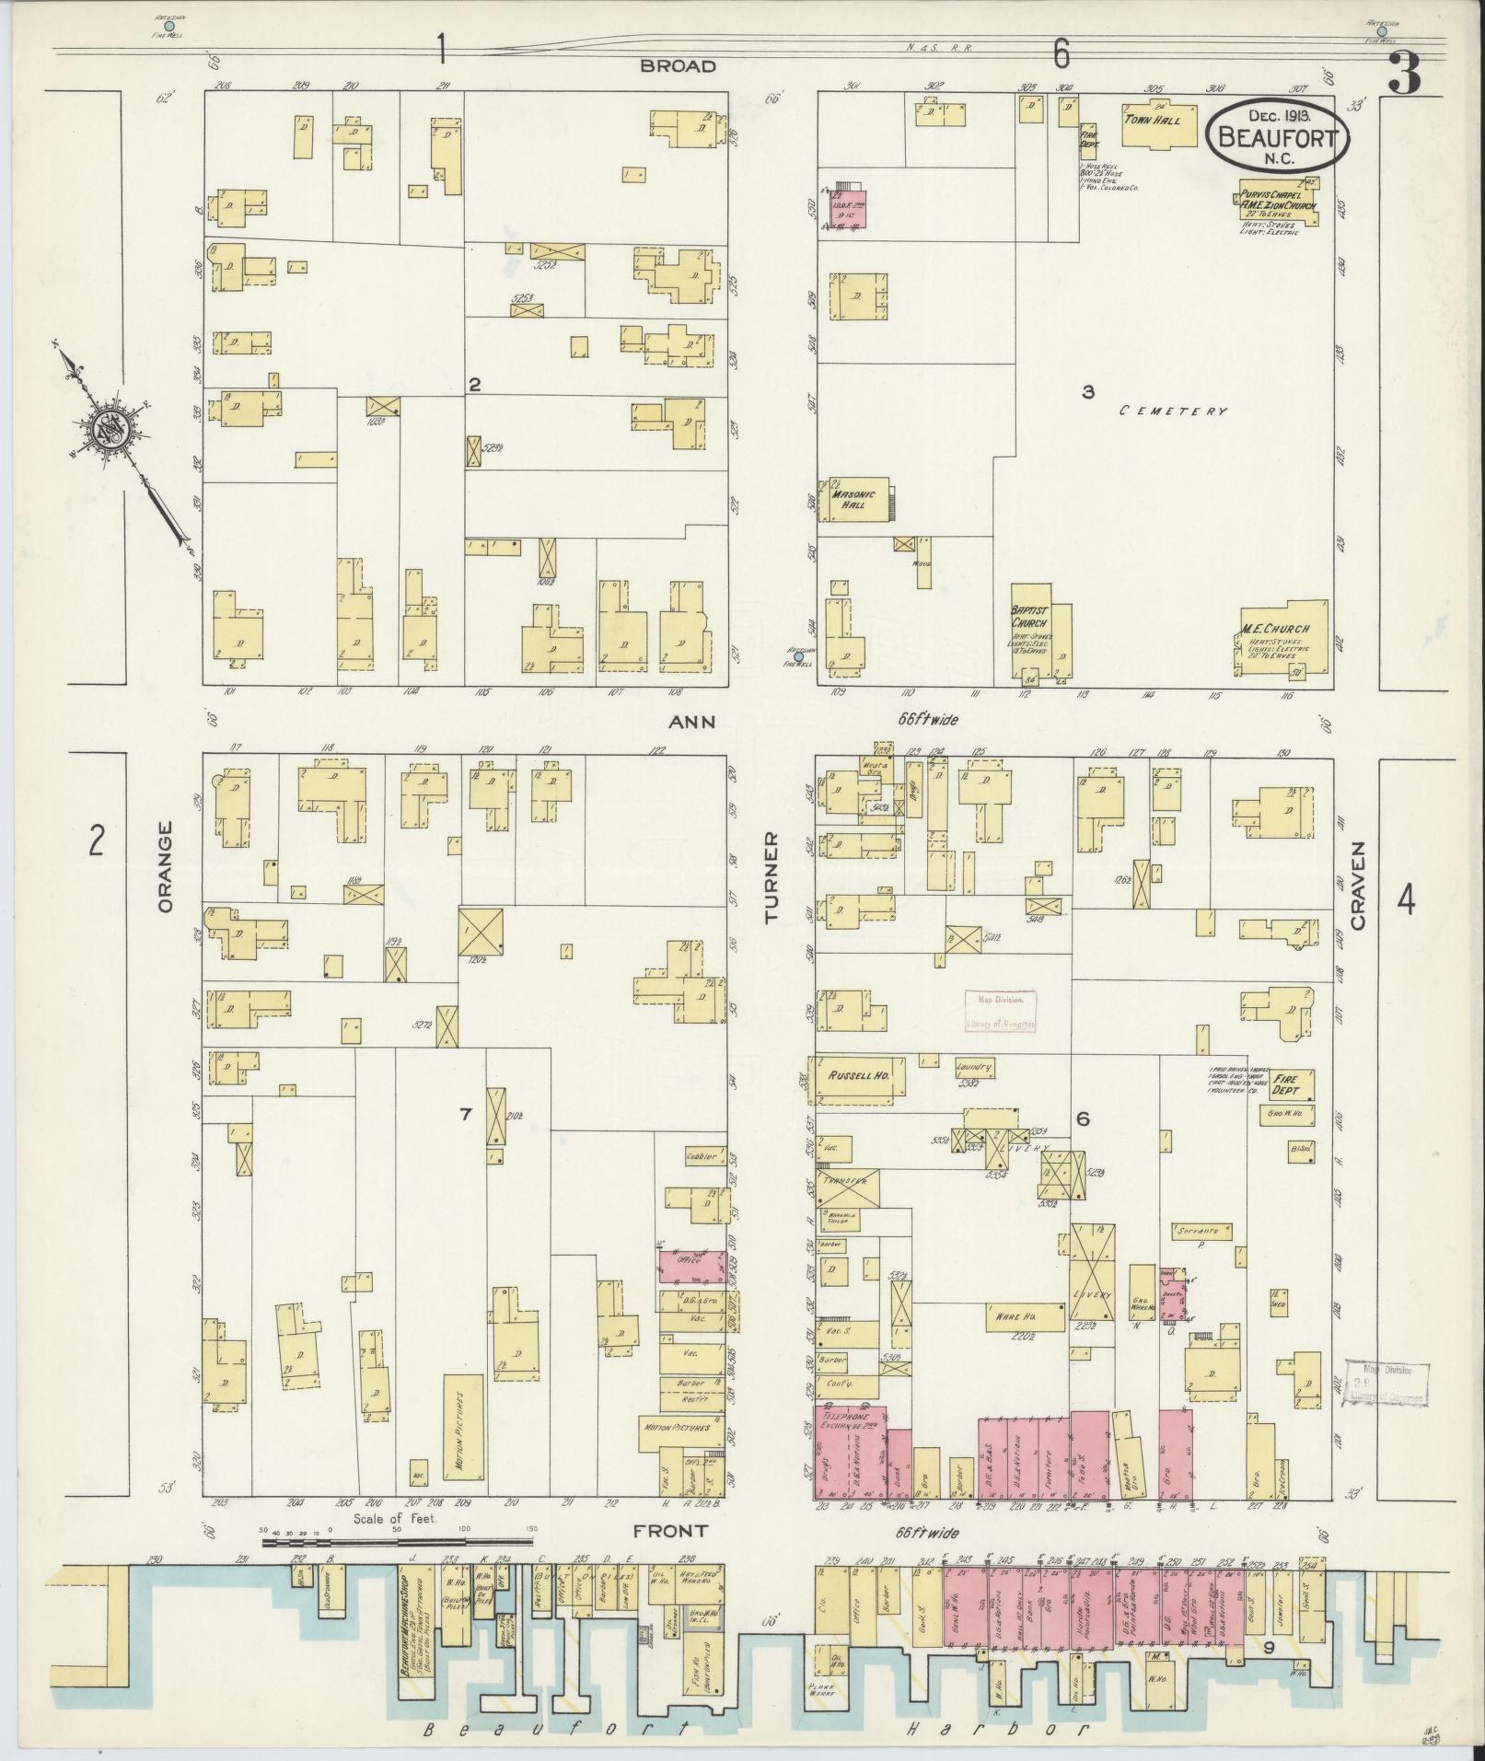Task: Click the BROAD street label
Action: (x=678, y=66)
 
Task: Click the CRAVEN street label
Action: (x=1359, y=884)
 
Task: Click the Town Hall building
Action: (x=1158, y=124)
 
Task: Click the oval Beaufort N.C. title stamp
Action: (x=1277, y=134)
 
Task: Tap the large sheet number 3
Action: (x=1404, y=74)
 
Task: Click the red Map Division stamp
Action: (x=1001, y=1009)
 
